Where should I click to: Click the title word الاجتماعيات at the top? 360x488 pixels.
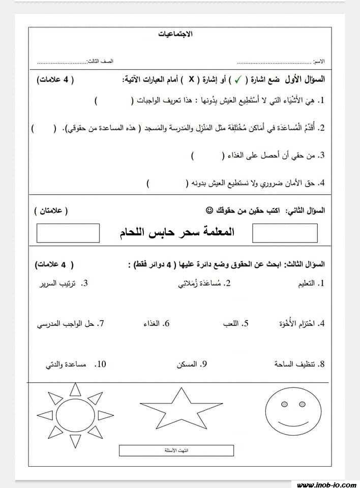click(176, 34)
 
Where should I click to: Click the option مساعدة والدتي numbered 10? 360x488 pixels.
click(67, 364)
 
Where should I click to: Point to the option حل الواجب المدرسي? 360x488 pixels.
click(66, 323)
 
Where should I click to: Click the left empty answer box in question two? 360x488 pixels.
click(68, 233)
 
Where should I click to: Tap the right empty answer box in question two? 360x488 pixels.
click(285, 233)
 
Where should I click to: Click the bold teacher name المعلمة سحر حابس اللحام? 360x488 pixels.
click(175, 232)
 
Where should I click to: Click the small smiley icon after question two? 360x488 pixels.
click(209, 209)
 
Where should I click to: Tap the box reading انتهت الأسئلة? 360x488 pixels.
click(176, 450)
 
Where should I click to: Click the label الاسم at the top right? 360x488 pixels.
click(319, 61)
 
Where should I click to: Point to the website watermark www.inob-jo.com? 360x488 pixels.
click(325, 484)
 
